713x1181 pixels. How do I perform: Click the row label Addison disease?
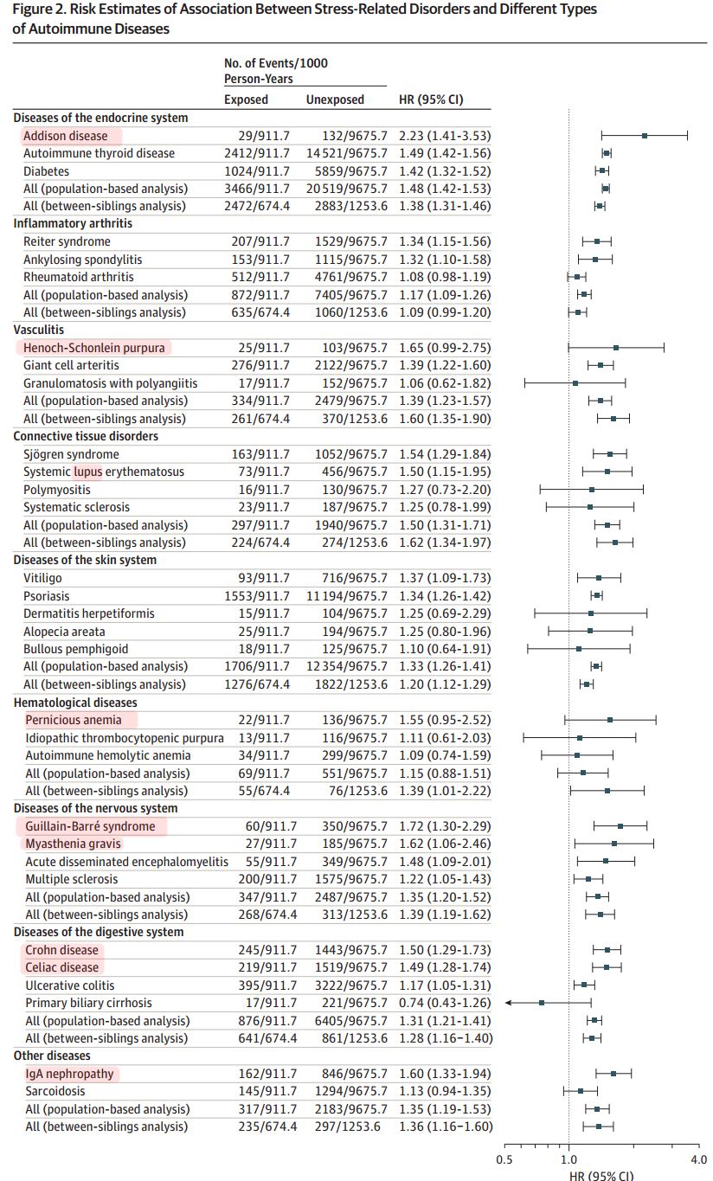click(66, 136)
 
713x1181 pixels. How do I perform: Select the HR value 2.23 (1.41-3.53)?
click(445, 136)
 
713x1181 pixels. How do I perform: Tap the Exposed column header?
click(247, 99)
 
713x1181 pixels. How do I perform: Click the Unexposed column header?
click(335, 99)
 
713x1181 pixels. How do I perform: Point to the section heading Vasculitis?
click(39, 330)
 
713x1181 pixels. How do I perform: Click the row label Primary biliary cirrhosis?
click(88, 1003)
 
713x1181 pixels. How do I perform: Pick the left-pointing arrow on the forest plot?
click(510, 1003)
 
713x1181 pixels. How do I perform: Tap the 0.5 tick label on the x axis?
click(504, 1159)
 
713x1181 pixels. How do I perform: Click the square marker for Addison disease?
click(645, 136)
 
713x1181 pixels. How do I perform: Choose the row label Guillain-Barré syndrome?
click(90, 826)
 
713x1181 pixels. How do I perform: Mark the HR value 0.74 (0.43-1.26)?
click(445, 1003)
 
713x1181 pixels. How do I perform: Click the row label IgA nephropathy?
click(69, 1074)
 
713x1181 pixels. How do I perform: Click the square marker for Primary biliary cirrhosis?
click(542, 1003)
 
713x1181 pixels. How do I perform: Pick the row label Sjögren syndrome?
click(70, 454)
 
